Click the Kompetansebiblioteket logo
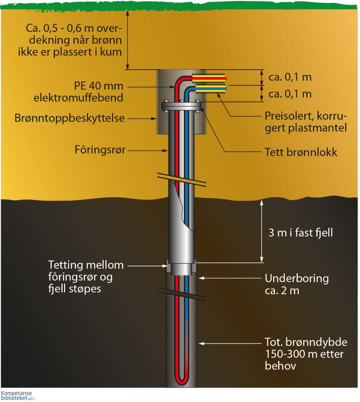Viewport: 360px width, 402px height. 18,396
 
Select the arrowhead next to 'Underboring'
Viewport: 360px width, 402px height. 202,278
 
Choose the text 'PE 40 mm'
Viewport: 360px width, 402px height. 99,85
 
